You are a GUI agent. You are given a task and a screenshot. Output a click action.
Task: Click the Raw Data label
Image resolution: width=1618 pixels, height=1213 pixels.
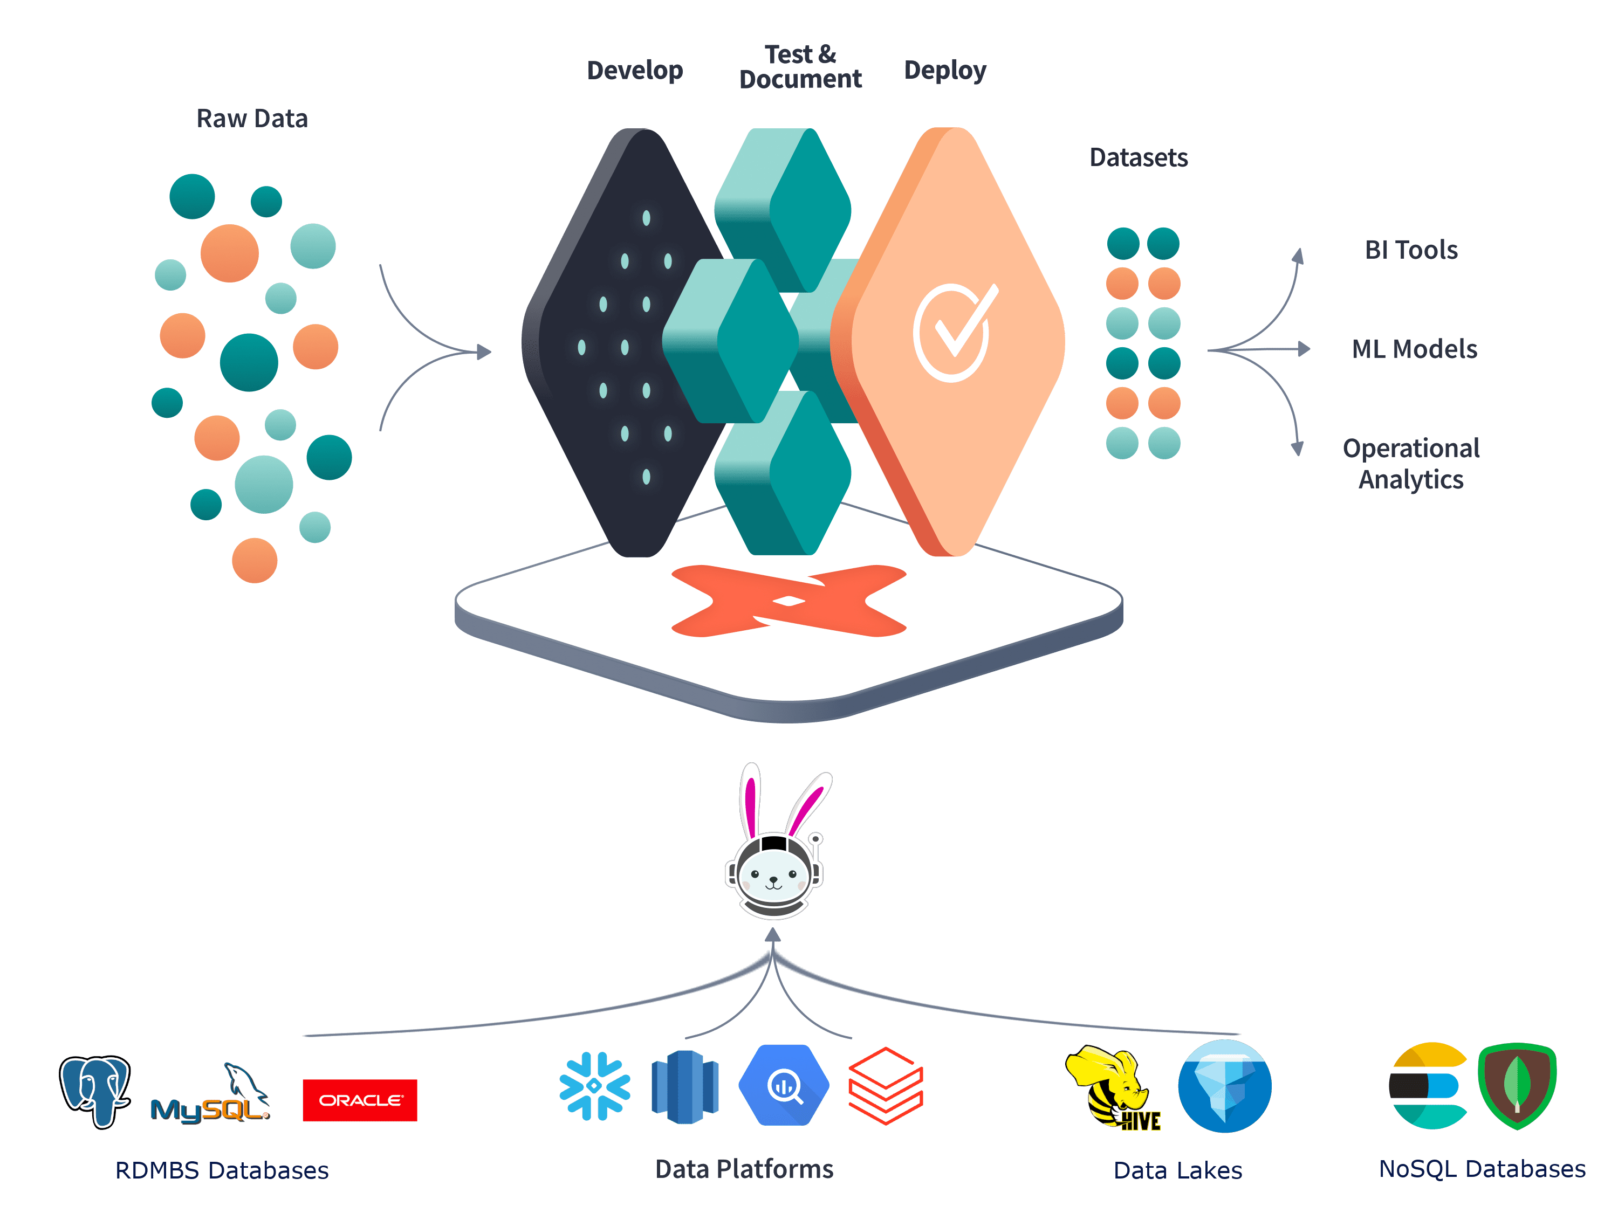(252, 119)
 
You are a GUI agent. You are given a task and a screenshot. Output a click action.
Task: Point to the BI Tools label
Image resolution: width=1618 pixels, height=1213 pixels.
(1411, 250)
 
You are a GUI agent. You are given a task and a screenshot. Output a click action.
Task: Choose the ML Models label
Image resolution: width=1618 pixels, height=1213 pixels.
(1414, 349)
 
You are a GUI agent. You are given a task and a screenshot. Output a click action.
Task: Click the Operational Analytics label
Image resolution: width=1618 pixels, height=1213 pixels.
(1411, 464)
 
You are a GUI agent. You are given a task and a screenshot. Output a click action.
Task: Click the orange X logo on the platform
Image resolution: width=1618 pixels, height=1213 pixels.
(789, 600)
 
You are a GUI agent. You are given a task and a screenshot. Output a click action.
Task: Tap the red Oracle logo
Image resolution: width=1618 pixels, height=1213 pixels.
(360, 1100)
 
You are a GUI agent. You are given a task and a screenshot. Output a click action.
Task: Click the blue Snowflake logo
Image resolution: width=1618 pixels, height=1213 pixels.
(595, 1086)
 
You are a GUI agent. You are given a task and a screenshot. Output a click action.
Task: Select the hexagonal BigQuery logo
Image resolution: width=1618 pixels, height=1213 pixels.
(784, 1085)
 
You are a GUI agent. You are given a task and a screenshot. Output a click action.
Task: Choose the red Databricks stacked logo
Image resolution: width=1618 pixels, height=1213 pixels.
(886, 1086)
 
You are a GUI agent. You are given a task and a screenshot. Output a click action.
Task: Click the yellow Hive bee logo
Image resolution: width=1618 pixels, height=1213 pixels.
(1112, 1088)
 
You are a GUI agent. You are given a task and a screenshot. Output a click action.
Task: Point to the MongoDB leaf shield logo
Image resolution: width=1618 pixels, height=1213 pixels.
(1517, 1086)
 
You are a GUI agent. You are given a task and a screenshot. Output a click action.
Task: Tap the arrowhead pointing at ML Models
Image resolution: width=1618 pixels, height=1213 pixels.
(1304, 349)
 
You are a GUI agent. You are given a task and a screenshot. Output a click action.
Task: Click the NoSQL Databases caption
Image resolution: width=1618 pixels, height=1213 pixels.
(1482, 1169)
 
